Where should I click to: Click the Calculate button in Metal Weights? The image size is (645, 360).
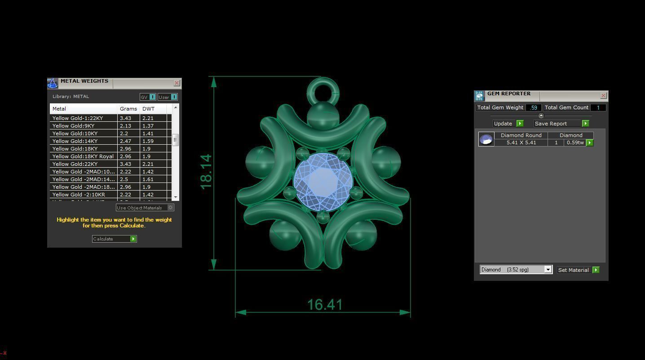click(114, 239)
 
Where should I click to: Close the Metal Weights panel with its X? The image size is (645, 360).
click(177, 83)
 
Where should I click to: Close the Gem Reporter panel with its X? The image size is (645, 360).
click(603, 96)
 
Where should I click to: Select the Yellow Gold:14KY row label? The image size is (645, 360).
click(75, 141)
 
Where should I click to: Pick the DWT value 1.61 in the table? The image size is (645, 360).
click(148, 179)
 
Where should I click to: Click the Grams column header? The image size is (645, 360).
click(128, 109)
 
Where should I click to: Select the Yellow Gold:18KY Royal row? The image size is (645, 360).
click(83, 156)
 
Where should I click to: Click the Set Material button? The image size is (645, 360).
click(578, 270)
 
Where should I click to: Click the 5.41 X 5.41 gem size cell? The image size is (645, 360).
click(521, 142)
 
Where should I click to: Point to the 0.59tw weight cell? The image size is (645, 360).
click(575, 142)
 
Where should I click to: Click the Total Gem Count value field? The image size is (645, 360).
click(597, 108)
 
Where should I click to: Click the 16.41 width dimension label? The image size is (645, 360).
click(324, 305)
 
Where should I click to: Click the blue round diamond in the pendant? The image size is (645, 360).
click(322, 182)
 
